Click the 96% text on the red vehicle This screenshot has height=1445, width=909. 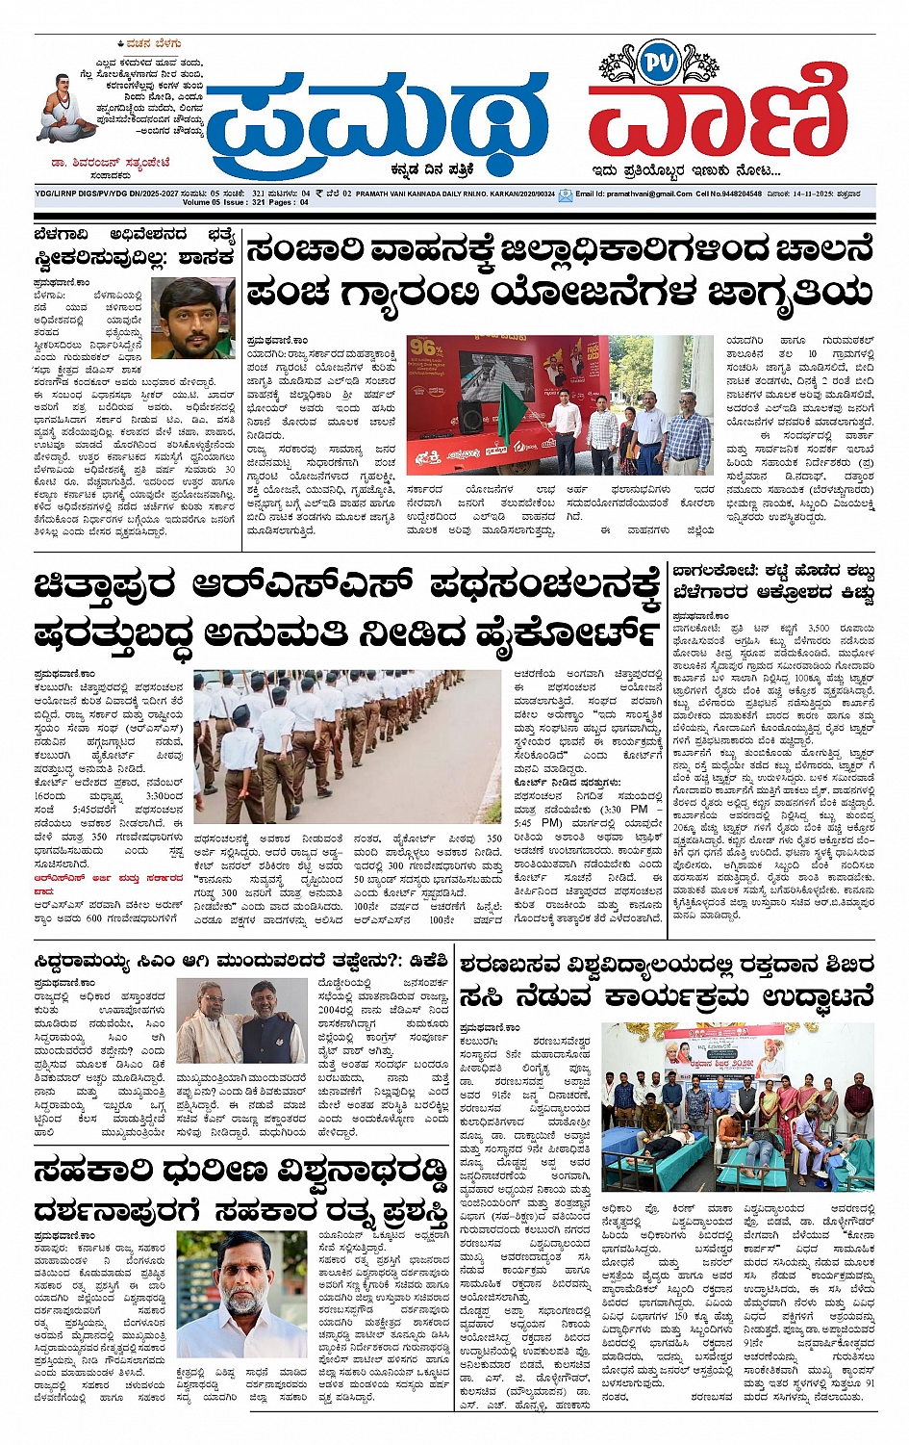(x=425, y=348)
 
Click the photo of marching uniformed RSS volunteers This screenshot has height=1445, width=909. (x=347, y=746)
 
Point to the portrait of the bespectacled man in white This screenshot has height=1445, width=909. (x=243, y=1291)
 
